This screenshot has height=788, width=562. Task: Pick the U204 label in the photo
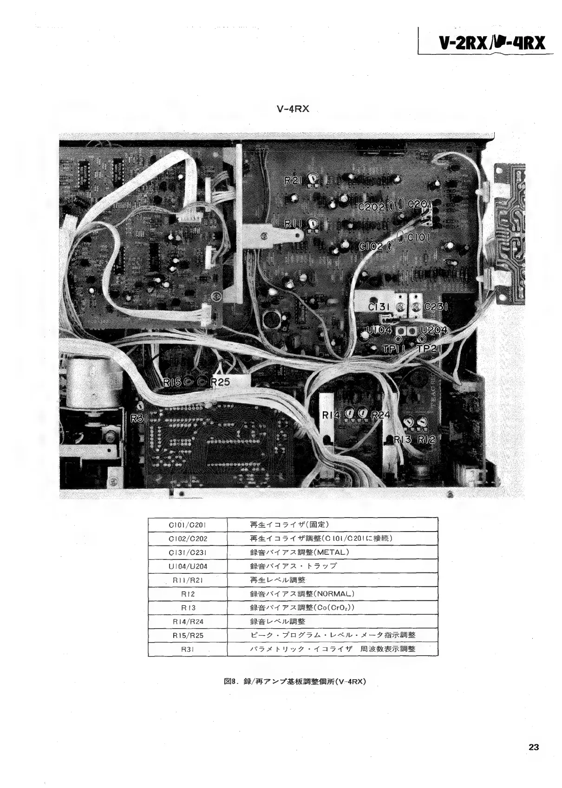[x=433, y=330]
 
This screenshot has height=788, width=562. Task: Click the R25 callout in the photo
[x=220, y=382]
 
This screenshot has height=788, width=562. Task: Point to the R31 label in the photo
[x=139, y=418]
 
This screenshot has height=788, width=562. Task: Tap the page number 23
[x=534, y=747]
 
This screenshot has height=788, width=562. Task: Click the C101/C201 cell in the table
[x=188, y=525]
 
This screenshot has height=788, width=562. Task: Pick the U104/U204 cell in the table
[x=188, y=566]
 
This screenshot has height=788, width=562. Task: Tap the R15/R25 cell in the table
[x=188, y=635]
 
